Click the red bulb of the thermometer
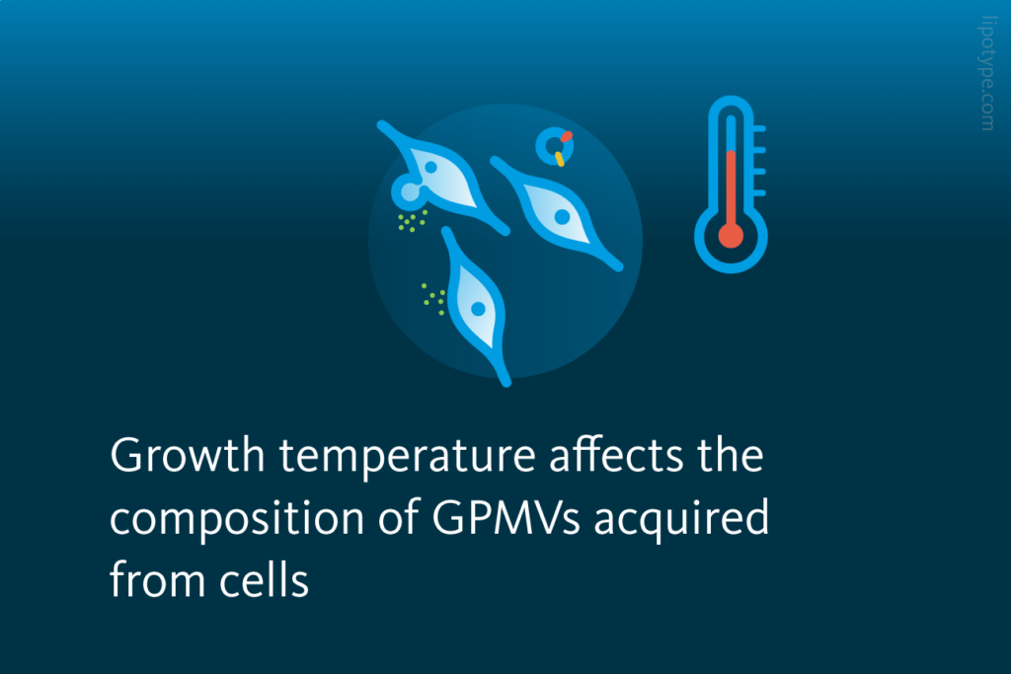(731, 236)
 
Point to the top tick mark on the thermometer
(758, 129)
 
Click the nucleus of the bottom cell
(478, 308)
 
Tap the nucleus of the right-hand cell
(562, 215)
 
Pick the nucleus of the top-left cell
(430, 168)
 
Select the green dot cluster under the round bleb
(411, 221)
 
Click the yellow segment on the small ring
(560, 158)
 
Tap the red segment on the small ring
(566, 137)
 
